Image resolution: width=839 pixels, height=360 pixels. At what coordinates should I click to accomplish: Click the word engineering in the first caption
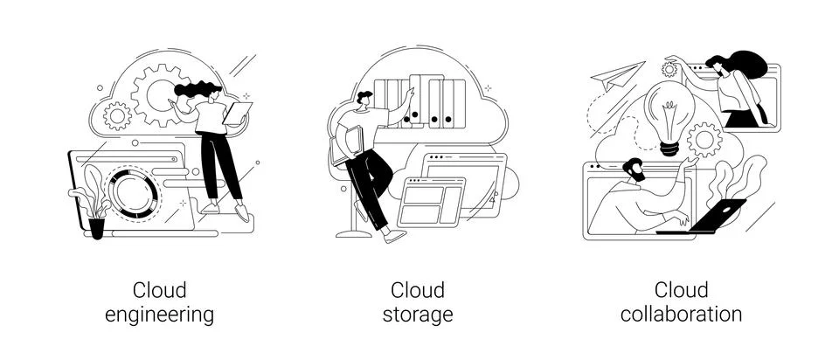[159, 315]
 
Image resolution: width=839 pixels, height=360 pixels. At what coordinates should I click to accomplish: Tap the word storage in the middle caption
[417, 315]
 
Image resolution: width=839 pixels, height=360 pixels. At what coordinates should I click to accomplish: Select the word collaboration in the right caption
[681, 315]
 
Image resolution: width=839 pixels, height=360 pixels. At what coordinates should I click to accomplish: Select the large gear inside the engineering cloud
[157, 91]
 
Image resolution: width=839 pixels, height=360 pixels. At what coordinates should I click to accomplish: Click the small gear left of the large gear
[116, 114]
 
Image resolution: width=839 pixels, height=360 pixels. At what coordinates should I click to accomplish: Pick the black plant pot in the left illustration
[96, 228]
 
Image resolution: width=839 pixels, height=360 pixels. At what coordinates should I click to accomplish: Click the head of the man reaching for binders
[365, 101]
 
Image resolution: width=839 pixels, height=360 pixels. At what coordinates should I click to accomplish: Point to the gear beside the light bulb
[704, 139]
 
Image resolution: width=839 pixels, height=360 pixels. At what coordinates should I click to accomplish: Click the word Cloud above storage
[417, 289]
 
